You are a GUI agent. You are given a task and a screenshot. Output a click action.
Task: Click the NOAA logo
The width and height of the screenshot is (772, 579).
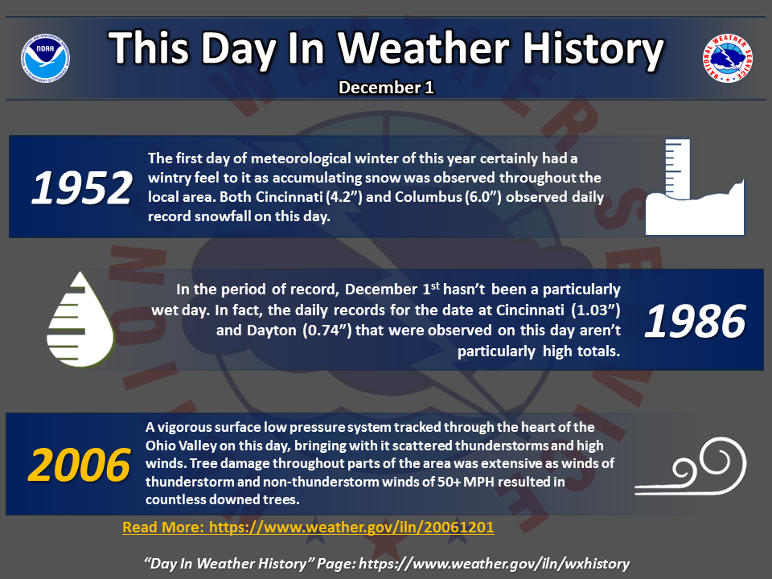coord(45,58)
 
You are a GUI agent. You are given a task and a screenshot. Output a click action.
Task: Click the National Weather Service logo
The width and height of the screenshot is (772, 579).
coord(728,58)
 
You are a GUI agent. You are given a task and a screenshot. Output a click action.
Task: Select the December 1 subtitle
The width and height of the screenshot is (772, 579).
coord(386,87)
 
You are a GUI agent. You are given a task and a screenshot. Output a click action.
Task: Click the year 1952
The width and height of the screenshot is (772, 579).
coord(82,187)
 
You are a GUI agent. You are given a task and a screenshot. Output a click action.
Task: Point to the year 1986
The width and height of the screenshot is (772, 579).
coord(695,321)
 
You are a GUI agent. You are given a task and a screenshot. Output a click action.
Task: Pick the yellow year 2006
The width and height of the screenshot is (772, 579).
coord(80,465)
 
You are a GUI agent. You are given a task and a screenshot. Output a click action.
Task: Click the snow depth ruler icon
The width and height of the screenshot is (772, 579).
coord(695,187)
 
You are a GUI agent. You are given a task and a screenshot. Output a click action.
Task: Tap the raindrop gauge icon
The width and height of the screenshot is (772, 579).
coord(80,319)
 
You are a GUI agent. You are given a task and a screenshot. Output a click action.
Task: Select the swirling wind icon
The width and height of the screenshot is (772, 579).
coord(691,466)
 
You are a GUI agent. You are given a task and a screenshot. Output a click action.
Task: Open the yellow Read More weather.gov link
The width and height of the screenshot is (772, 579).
coord(308,528)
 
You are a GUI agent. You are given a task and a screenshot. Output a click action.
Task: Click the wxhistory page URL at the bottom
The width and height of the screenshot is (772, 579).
coord(495,564)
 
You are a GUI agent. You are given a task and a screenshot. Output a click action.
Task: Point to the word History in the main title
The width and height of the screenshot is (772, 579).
coord(593,49)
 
